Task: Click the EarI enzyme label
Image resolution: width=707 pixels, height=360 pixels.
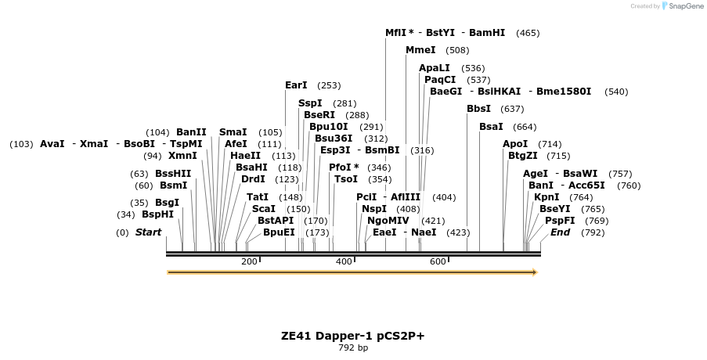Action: click(296, 85)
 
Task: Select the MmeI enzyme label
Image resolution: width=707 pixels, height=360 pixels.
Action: click(420, 50)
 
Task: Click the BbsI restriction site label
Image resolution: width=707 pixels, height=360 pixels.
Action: click(478, 109)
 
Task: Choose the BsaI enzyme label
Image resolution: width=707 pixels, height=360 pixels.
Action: click(491, 127)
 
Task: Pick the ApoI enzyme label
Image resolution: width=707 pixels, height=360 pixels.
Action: click(515, 144)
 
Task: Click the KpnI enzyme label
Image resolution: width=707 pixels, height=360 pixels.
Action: click(546, 197)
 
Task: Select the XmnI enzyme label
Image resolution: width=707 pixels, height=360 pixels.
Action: click(182, 156)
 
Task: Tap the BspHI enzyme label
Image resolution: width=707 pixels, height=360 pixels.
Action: click(157, 214)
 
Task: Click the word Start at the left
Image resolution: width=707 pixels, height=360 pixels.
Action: click(148, 232)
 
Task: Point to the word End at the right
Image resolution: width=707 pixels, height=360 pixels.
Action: click(560, 232)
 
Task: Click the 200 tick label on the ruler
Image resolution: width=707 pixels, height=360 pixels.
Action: click(249, 261)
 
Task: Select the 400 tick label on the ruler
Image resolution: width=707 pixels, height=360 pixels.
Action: click(344, 261)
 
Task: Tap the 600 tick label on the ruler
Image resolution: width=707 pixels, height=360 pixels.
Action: click(438, 261)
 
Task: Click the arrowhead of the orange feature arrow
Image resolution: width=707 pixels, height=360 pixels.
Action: click(535, 272)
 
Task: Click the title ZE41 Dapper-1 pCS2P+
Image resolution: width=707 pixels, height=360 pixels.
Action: click(352, 336)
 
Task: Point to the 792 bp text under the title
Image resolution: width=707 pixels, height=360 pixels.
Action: click(352, 347)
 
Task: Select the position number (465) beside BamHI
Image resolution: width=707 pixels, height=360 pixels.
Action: click(528, 33)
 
